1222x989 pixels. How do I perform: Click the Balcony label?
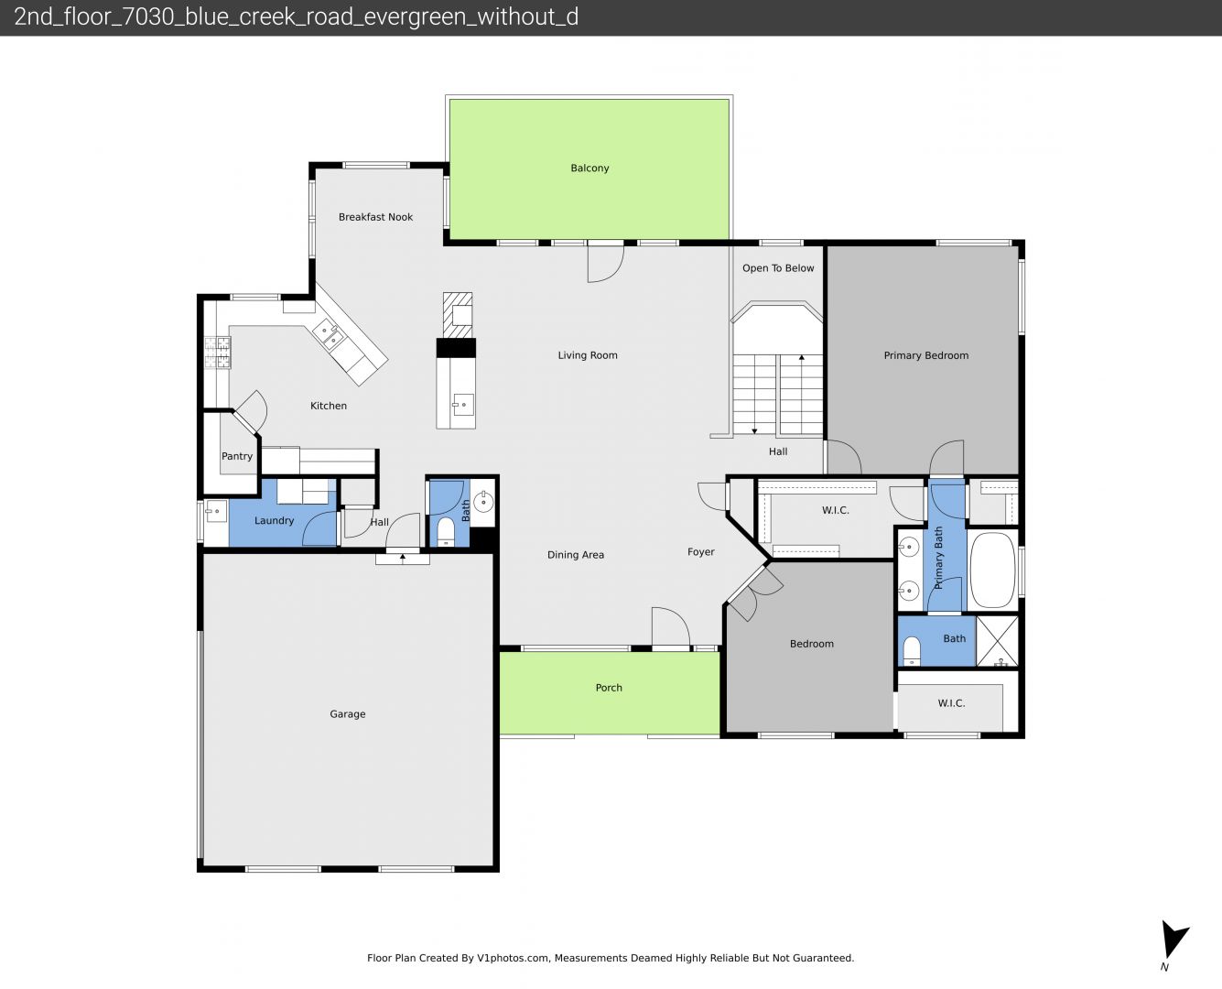[x=589, y=168]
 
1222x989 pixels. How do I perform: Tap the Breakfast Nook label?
[x=375, y=217]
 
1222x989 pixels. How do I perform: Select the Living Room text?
[x=588, y=355]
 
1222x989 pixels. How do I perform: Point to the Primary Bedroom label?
[x=926, y=355]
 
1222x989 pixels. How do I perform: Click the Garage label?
[x=347, y=714]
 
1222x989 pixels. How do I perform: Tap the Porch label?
[x=609, y=688]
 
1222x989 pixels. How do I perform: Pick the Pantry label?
[x=237, y=456]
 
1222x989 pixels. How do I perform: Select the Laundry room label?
[x=274, y=521]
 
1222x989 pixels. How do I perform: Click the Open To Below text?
[x=778, y=268]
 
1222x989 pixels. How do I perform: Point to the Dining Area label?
[x=576, y=555]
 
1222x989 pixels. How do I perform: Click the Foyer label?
[x=700, y=552]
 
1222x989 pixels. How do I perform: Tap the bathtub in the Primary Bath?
[x=992, y=570]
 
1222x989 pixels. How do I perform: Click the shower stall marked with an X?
[x=997, y=641]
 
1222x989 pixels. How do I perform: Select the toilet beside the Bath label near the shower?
[x=912, y=651]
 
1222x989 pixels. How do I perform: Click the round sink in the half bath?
[x=483, y=502]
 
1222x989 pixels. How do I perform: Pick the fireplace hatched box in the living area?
[x=458, y=316]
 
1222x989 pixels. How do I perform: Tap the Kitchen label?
[x=329, y=406]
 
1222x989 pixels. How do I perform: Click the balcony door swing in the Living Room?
[x=605, y=264]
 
